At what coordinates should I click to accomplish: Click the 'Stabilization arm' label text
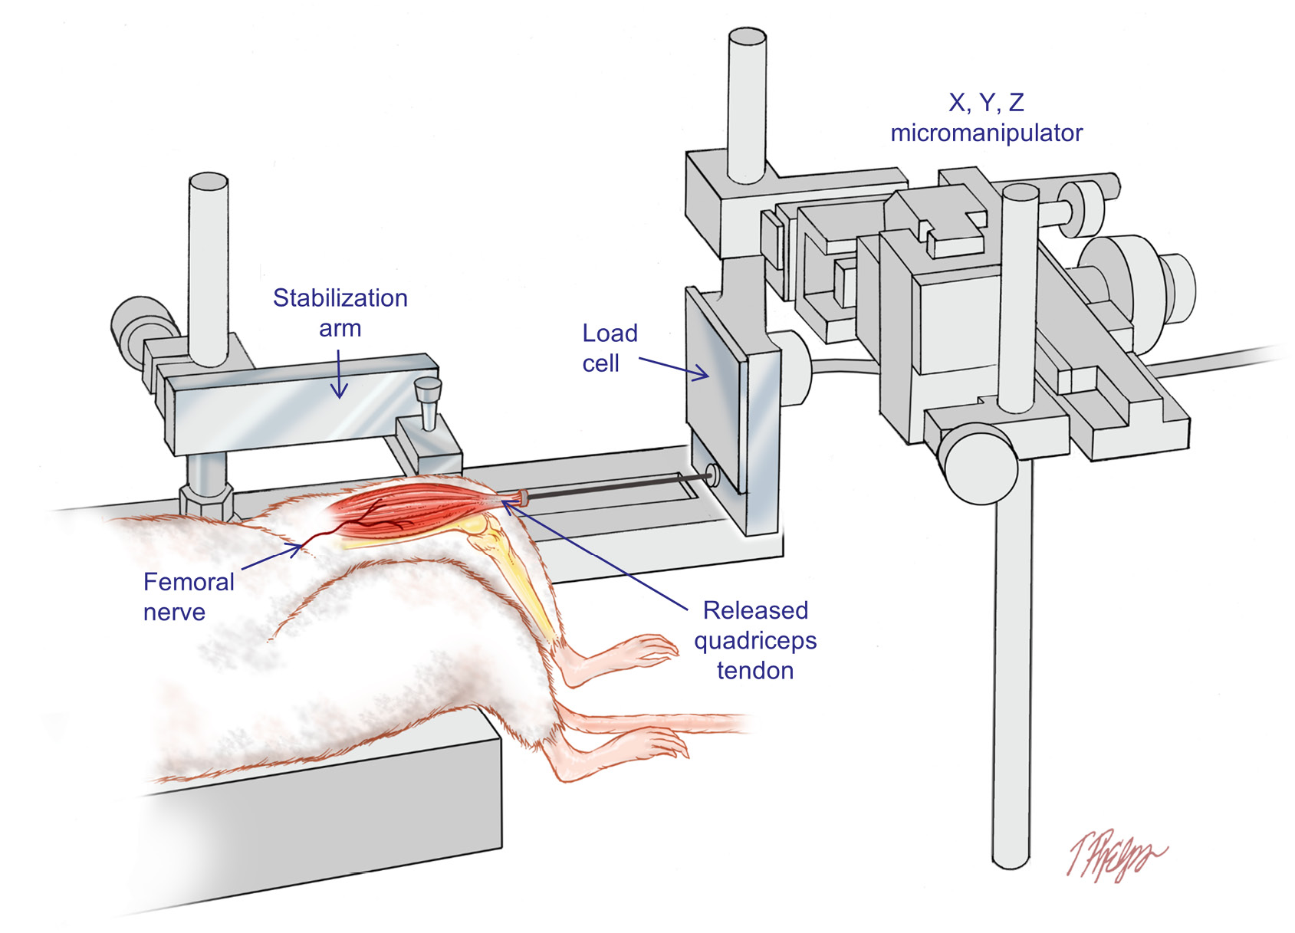coord(340,313)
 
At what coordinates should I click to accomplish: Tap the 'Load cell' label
coord(610,348)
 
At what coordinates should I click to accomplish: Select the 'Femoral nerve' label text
coord(188,596)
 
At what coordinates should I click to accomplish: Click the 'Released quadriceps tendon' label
coord(755,640)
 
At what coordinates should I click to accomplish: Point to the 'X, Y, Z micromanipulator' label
coord(986,117)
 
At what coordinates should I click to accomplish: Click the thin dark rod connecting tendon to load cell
coord(613,488)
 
